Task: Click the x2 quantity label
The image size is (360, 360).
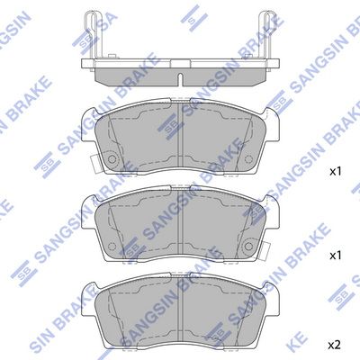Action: [335, 345]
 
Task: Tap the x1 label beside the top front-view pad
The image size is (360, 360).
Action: [335, 172]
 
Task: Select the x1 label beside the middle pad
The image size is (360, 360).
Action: [335, 256]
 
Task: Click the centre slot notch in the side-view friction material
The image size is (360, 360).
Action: [180, 79]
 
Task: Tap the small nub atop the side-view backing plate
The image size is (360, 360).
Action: [112, 57]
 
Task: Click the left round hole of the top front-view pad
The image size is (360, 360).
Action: [112, 159]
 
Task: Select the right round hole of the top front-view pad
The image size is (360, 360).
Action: [248, 158]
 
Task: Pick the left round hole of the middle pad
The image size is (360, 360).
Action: [112, 246]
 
